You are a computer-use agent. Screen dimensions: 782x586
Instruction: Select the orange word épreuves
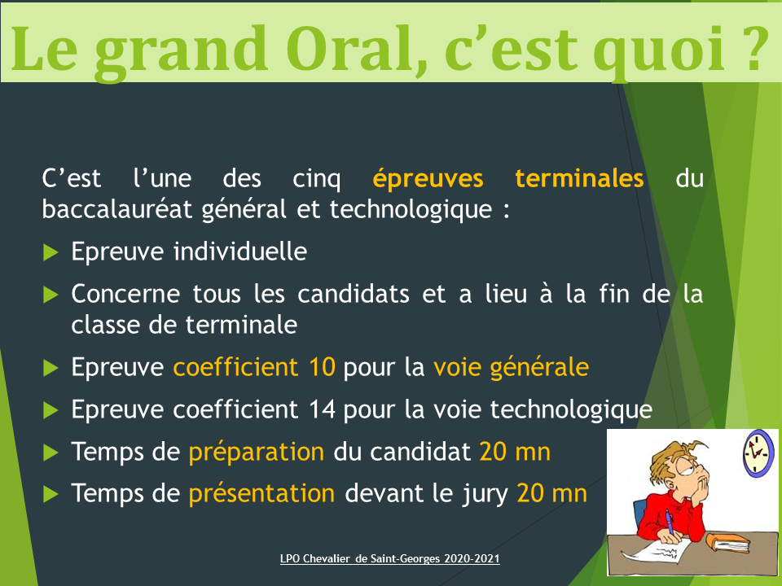pyautogui.click(x=428, y=179)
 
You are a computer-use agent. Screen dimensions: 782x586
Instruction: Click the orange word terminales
pyautogui.click(x=579, y=178)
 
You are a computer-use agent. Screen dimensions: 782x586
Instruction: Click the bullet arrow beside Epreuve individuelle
pyautogui.click(x=51, y=252)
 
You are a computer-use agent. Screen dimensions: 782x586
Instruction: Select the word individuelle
pyautogui.click(x=239, y=251)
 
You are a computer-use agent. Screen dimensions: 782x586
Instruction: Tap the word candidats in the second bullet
pyautogui.click(x=353, y=294)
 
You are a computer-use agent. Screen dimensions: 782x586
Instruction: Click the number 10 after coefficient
pyautogui.click(x=322, y=367)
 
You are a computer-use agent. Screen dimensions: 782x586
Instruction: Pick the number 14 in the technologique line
pyautogui.click(x=322, y=409)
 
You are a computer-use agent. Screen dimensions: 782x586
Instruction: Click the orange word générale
pyautogui.click(x=539, y=368)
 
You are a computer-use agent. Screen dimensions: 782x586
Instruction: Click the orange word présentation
pyautogui.click(x=261, y=494)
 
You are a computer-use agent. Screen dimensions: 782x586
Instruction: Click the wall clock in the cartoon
pyautogui.click(x=758, y=453)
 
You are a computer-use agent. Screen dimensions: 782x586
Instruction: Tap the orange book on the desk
pyautogui.click(x=727, y=543)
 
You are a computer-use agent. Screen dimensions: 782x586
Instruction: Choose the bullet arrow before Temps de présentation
pyautogui.click(x=51, y=494)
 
